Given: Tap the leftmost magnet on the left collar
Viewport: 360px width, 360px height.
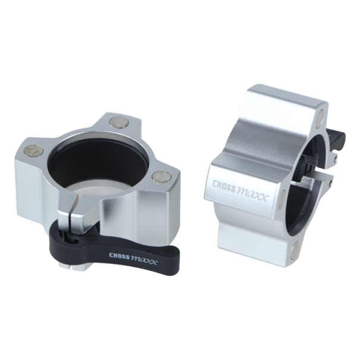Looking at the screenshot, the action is point(34,150).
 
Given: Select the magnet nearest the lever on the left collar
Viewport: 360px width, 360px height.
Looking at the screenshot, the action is point(161,176).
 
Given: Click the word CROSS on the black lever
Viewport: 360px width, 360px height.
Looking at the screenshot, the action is point(119,256).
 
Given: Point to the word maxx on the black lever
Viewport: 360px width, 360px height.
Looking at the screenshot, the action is point(144,261).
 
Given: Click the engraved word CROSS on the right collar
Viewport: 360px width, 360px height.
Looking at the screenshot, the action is point(224,184).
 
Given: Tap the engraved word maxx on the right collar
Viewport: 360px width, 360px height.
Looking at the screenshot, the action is point(252,195).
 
